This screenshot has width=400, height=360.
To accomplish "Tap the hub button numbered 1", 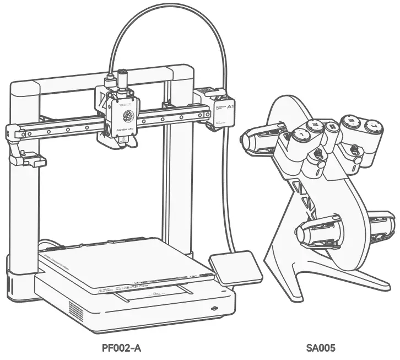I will [x=301, y=133].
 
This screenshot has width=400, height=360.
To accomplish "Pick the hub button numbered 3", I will [x=350, y=121].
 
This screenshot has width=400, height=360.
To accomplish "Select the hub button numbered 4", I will [x=373, y=127].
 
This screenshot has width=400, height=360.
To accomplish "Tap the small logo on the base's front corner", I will [x=214, y=308].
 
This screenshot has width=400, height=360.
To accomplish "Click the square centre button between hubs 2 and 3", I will [x=332, y=126].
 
